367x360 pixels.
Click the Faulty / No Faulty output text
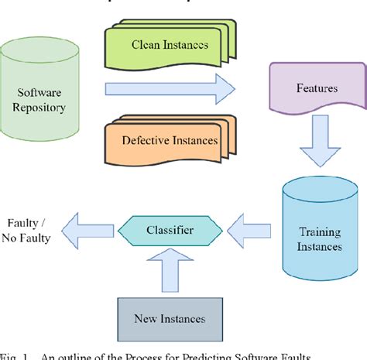click(x=29, y=231)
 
